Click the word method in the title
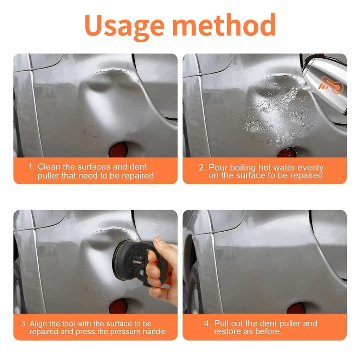[224, 25]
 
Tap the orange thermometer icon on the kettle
[331, 85]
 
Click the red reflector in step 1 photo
[118, 150]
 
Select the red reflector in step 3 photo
[118, 306]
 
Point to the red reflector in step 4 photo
[296, 308]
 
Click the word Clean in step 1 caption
[49, 167]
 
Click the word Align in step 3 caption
[38, 324]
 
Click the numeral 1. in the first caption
[32, 167]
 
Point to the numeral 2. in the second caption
[202, 168]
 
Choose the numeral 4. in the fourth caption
[208, 323]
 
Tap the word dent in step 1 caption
[138, 167]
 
